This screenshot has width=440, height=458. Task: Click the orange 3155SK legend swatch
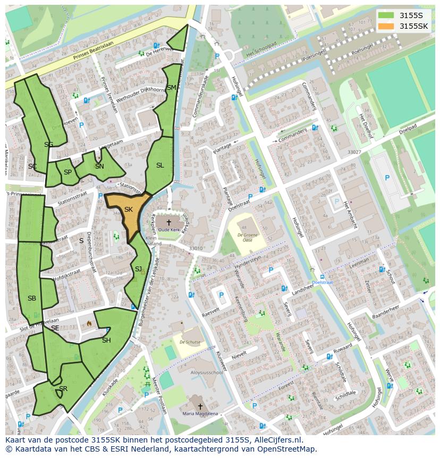(x=387, y=26)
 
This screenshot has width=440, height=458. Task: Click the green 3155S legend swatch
(x=387, y=15)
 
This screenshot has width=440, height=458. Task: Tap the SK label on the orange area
(x=128, y=210)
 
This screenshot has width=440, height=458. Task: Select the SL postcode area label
(x=160, y=165)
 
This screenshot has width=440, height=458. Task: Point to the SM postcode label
(x=171, y=88)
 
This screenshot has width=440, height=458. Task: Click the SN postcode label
(x=99, y=166)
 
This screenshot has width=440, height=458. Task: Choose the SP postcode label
(x=67, y=172)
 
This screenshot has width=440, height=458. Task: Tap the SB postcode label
(x=32, y=298)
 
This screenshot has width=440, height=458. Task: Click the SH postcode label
(x=106, y=340)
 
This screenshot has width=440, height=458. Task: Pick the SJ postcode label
(x=138, y=269)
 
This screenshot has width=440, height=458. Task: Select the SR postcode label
(x=63, y=389)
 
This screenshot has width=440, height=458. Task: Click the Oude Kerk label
(x=168, y=230)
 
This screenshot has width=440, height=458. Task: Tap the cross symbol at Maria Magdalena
(x=200, y=406)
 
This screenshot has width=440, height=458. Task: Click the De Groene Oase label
(x=248, y=237)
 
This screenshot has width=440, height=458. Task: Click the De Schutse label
(x=190, y=342)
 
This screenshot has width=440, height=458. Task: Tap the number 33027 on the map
(x=354, y=152)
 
